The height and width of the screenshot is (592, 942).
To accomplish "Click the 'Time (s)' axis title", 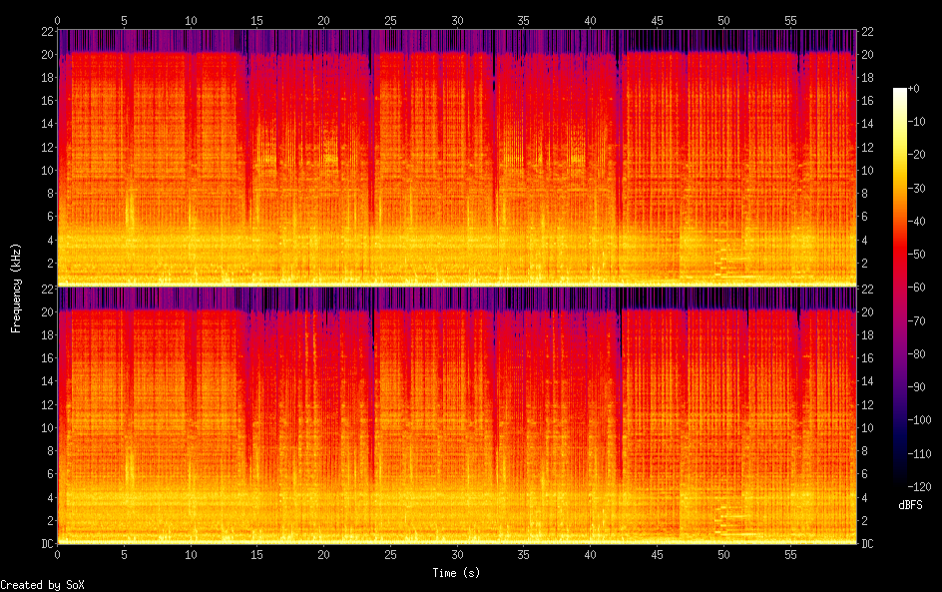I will coord(457,572).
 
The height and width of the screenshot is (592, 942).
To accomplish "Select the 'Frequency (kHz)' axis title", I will coord(16,288).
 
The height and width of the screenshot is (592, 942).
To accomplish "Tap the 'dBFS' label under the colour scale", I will coord(910,506).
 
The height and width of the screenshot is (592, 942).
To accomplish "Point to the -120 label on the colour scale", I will coord(910,486).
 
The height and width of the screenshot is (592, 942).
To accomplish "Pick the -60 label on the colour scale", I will coord(908,288).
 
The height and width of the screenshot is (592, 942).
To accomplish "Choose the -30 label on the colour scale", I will coord(908,189).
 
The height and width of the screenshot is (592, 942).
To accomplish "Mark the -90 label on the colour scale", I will coord(908,387).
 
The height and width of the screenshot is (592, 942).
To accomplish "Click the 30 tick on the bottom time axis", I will coord(457,552).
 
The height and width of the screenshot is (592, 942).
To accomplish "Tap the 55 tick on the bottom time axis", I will coord(790,552).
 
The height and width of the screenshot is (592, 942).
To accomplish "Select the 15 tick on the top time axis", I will coord(257,20).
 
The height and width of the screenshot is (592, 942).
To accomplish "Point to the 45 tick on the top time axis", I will coord(657,20).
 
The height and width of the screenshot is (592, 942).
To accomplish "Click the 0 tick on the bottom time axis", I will coord(58,552).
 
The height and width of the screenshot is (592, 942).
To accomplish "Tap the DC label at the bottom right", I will coord(867,544).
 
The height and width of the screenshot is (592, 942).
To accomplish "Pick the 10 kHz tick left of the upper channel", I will coord(46,170).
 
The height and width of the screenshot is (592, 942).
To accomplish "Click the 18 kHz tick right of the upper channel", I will coord(867,77).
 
